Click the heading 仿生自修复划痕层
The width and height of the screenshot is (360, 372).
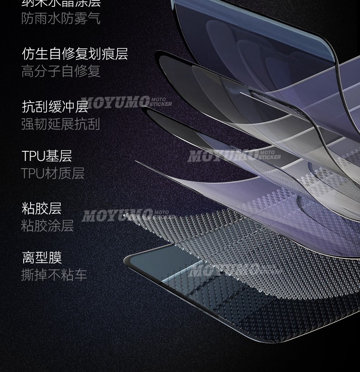[75, 54]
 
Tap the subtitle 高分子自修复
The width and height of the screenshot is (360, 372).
[61, 71]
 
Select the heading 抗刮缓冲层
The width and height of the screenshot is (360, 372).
[55, 107]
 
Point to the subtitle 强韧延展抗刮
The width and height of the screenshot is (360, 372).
[61, 124]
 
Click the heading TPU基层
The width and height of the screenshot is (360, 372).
[47, 156]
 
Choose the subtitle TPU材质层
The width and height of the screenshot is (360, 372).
[53, 173]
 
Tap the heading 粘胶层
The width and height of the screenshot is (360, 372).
[41, 208]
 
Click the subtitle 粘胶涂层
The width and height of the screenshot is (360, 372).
[47, 226]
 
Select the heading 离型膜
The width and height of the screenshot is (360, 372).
[41, 258]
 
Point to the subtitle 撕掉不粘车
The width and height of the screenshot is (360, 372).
[54, 275]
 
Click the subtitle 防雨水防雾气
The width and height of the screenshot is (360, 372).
[61, 19]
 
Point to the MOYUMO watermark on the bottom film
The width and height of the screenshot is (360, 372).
[223, 272]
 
